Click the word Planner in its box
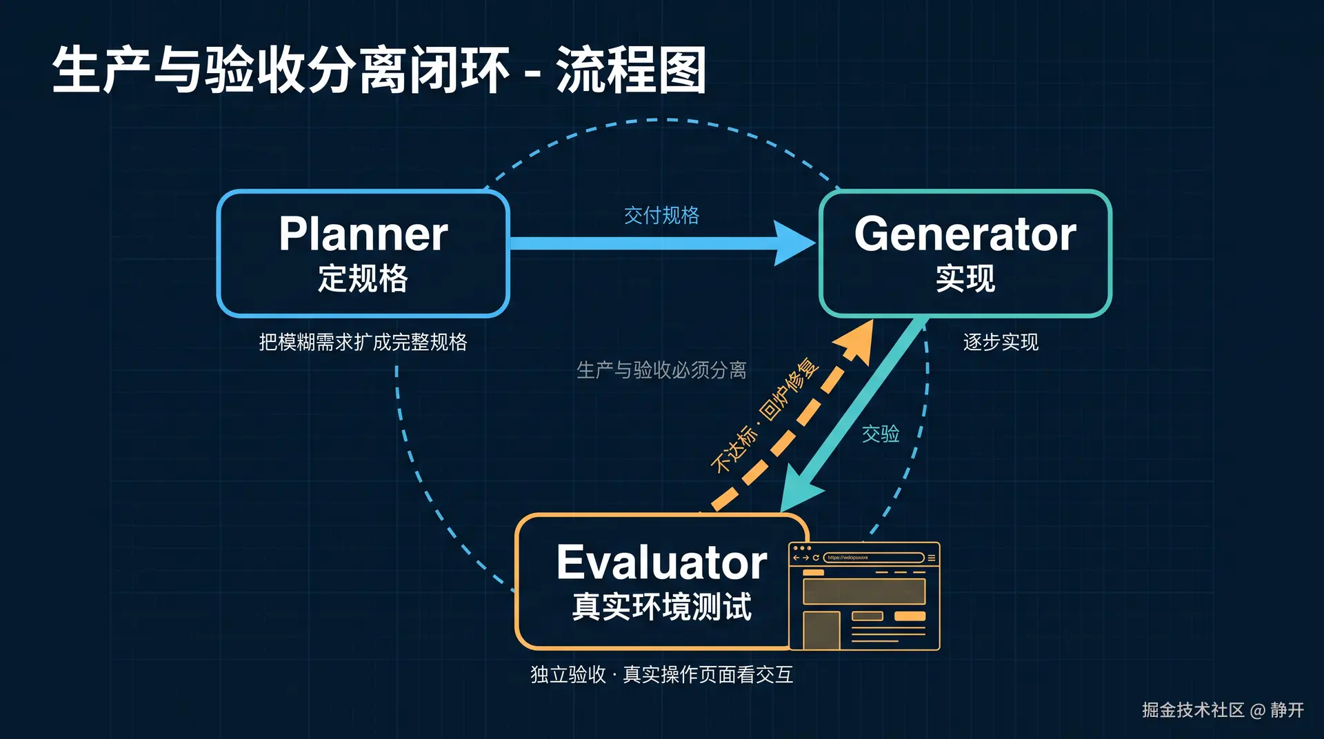click(x=363, y=234)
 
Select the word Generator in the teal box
click(x=965, y=234)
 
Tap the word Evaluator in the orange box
click(x=661, y=563)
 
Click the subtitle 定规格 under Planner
click(x=363, y=279)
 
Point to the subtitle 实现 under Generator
click(x=965, y=279)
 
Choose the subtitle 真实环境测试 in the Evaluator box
click(x=662, y=607)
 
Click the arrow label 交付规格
click(x=661, y=215)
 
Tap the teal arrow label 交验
click(x=881, y=434)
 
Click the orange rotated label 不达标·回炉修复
click(x=765, y=415)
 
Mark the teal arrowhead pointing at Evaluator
click(x=800, y=489)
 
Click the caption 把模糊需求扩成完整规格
click(x=363, y=342)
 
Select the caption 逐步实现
click(x=1001, y=342)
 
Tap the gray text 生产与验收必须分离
click(x=661, y=370)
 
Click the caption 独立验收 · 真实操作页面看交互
click(x=661, y=674)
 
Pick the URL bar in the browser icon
click(x=874, y=558)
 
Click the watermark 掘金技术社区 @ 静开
click(x=1223, y=710)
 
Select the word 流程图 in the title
click(x=631, y=70)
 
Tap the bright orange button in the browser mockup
click(x=910, y=616)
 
